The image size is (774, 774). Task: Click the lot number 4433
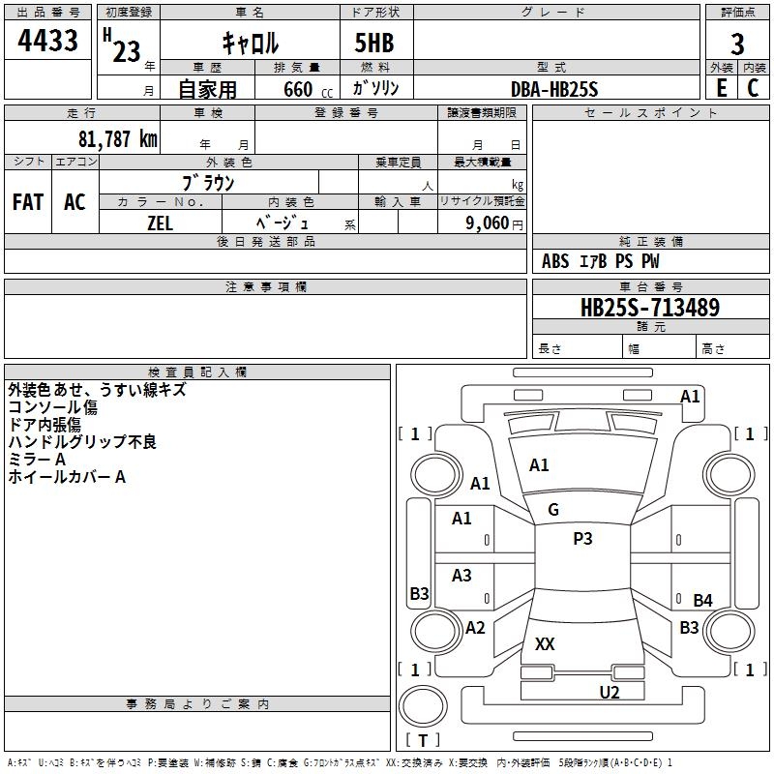pos(47,42)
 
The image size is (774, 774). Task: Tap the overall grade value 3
pos(737,44)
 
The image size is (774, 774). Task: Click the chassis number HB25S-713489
pos(649,308)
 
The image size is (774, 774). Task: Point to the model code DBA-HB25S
pos(553,89)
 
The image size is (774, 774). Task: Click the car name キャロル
pos(250,44)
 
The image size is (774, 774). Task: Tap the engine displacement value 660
pos(297,89)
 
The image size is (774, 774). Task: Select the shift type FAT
pos(27,202)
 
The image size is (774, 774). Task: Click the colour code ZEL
pos(160,222)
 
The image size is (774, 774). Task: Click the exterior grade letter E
pos(722,87)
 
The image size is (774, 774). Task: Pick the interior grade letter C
pos(753,87)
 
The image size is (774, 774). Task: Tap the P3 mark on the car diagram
pos(582,539)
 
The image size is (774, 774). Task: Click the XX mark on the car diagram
pos(545,644)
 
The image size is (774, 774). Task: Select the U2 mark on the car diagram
pos(609,692)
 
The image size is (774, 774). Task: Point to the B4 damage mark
pos(702,601)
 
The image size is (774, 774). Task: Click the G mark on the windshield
pos(553,510)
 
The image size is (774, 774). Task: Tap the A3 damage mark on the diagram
pos(461,576)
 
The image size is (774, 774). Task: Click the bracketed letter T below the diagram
pos(422,740)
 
